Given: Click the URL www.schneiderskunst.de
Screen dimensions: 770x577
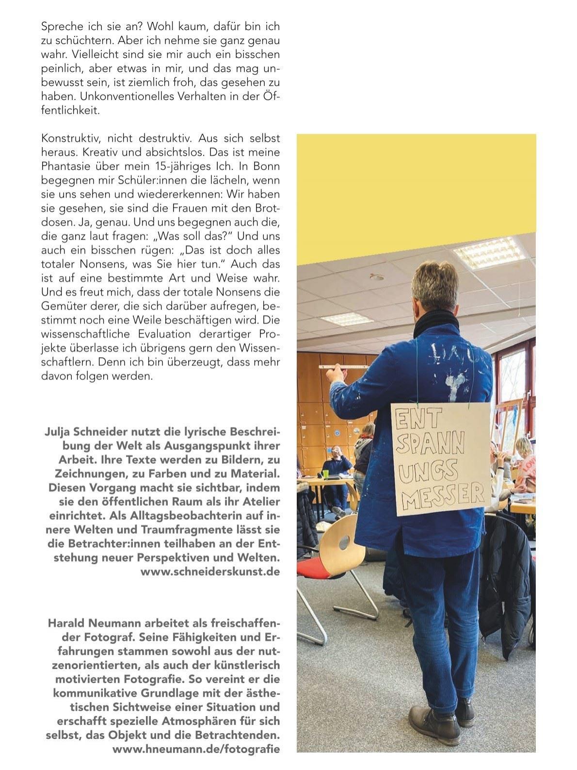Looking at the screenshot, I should [210, 571].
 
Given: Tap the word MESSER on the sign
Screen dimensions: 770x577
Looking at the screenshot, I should [444, 493].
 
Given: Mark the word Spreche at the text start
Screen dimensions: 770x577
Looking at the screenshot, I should [60, 26].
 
